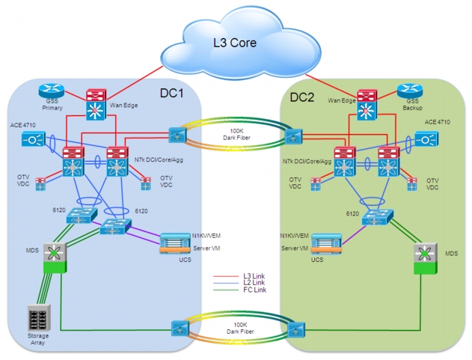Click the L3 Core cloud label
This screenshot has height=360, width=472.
click(235, 43)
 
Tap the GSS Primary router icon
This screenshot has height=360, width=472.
click(52, 91)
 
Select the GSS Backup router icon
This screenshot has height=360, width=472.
click(410, 91)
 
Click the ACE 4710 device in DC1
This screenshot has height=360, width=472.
click(34, 139)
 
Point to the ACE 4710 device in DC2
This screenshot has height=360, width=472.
click(427, 139)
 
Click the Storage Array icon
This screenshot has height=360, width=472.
click(39, 317)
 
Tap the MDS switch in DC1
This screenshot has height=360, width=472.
click(55, 257)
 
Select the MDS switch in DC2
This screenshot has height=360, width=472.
click(426, 258)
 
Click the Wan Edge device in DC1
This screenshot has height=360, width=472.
click(96, 105)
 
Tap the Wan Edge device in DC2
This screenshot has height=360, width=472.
click(367, 105)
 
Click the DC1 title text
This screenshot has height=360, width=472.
click(171, 93)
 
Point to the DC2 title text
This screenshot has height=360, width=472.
click(302, 97)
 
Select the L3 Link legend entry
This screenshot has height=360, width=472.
click(239, 276)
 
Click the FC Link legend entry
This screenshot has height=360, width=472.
click(239, 290)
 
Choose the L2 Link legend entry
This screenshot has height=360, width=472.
click(239, 283)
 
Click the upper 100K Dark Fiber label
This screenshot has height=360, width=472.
click(236, 135)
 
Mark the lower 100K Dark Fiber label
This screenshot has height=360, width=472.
click(240, 328)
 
